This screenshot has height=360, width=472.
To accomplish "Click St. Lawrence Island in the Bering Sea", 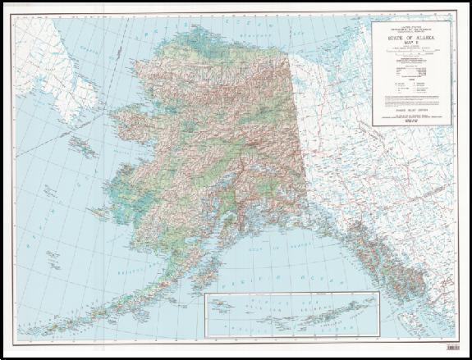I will pyautogui.click(x=83, y=148).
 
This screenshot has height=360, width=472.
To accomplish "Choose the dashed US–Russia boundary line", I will pyautogui.click(x=82, y=123).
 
